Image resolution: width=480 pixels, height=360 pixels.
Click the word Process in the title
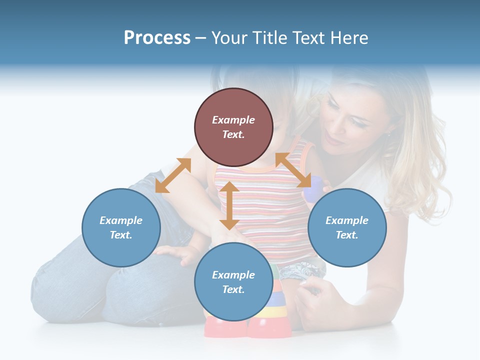click(157, 38)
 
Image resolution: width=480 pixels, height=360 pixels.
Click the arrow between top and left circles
click(173, 175)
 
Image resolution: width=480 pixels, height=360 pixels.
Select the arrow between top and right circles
click(293, 170)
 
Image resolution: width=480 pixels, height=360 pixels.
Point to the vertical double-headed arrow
click(229, 205)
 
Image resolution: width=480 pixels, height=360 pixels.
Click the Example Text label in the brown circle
click(233, 127)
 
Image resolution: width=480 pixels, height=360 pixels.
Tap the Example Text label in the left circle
click(121, 227)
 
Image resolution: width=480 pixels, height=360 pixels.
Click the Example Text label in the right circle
click(347, 227)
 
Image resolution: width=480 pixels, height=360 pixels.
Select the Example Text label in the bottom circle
click(233, 282)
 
